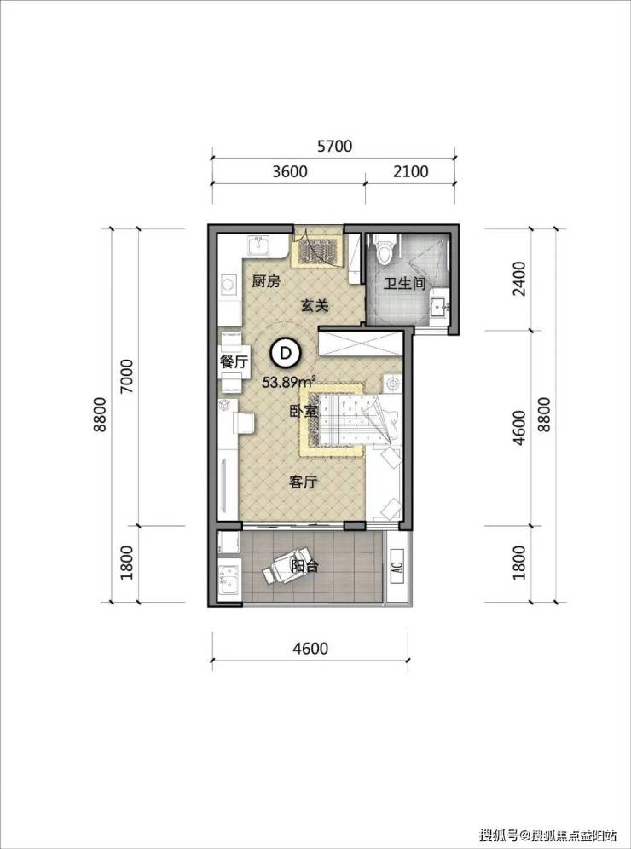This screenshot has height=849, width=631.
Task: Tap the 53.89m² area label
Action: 289,382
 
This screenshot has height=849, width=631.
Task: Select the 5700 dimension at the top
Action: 334,147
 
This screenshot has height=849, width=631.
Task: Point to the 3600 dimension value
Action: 290,171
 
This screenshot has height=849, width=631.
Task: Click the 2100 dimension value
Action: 410,171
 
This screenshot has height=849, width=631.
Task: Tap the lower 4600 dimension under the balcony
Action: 310,648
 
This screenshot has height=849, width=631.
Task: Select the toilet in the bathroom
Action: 385,251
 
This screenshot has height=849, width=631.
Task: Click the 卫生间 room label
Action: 404,284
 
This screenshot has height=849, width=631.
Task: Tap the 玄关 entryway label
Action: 315,306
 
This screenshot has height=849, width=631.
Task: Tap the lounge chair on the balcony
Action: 283,566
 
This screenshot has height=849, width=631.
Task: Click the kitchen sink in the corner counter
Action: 260,246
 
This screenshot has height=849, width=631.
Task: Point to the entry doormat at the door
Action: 316,251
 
